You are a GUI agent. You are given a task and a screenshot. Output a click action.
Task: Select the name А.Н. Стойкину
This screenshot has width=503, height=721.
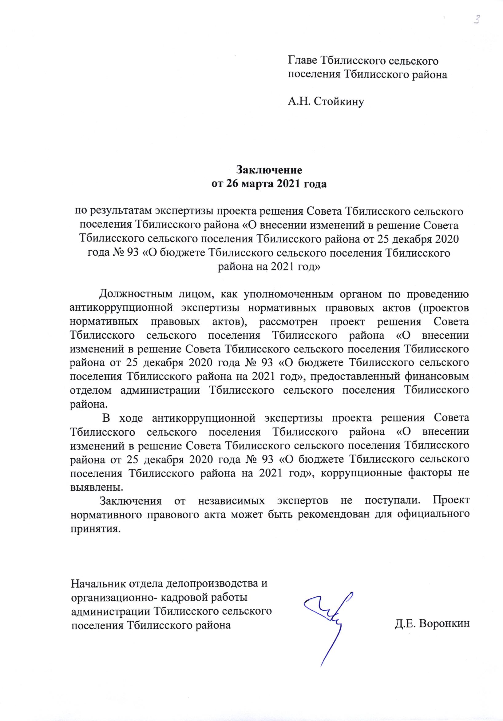pyautogui.click(x=326, y=102)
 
